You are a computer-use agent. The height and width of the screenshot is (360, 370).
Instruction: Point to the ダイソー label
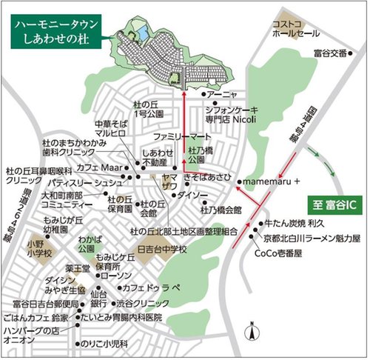click(x=193, y=195)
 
